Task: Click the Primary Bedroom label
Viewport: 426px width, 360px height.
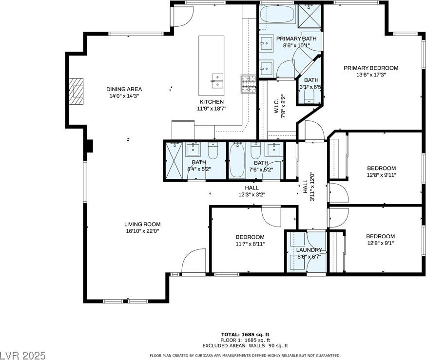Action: (371, 68)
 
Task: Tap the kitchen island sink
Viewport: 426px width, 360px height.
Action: (217, 81)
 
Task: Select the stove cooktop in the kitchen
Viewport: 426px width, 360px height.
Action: (249, 84)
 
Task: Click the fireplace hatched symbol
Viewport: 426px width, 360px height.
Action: (76, 92)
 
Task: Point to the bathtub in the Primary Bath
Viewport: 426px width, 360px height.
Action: (277, 15)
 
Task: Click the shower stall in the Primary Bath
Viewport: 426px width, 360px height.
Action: (310, 16)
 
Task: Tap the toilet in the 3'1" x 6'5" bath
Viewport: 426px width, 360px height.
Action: (309, 95)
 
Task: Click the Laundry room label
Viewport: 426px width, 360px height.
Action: (309, 250)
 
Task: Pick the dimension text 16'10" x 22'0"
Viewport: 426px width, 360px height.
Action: (142, 231)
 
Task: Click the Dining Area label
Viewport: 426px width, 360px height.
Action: (124, 89)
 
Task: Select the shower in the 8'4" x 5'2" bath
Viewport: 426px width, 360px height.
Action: (174, 160)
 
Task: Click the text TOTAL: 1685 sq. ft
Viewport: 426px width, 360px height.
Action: (245, 335)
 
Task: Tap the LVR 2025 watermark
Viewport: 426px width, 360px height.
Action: (23, 355)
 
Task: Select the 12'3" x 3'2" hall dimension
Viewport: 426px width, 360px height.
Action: (252, 194)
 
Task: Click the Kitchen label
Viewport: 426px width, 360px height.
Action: (212, 102)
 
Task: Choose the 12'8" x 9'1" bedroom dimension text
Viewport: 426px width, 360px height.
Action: (380, 243)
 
